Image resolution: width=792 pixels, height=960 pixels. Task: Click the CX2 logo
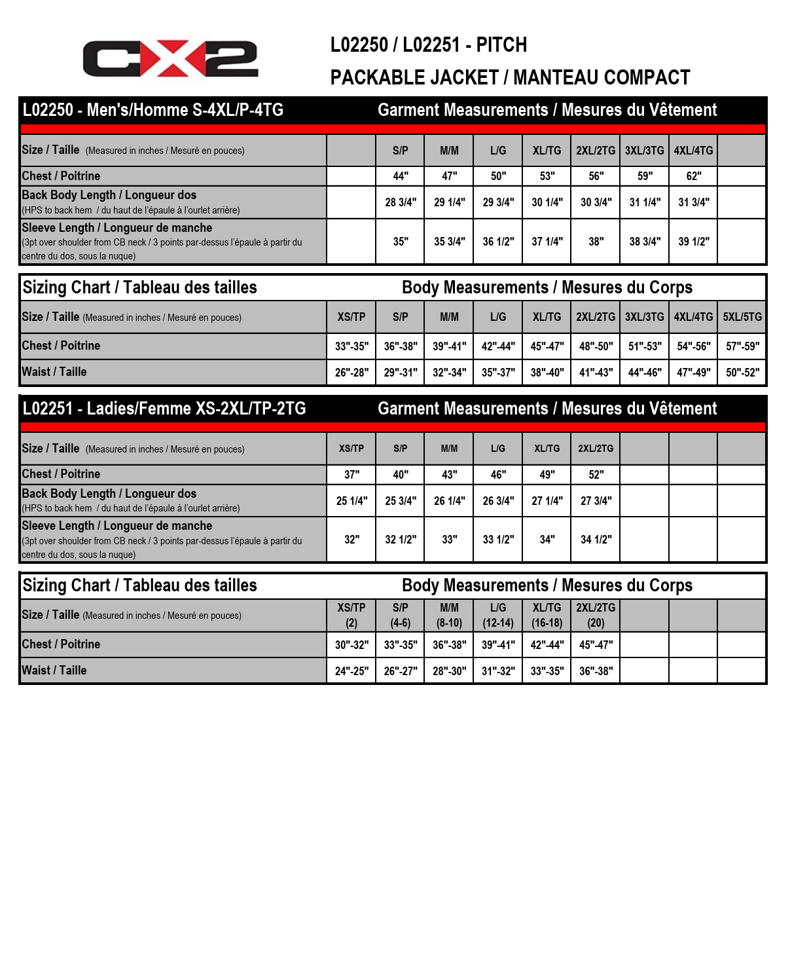point(170,59)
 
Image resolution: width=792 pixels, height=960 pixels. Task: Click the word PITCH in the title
point(501,45)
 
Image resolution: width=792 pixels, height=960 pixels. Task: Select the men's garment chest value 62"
point(693,176)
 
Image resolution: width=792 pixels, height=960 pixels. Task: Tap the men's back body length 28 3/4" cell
point(400,202)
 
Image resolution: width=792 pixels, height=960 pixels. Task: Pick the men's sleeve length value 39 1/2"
point(693,242)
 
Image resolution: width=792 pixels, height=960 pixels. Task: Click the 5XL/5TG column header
point(742,317)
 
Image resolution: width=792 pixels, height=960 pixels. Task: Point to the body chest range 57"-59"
point(742,346)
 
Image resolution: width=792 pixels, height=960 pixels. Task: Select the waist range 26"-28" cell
point(351,373)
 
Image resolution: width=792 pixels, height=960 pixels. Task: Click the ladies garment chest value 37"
point(351,475)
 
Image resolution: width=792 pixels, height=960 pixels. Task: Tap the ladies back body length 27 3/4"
point(596,501)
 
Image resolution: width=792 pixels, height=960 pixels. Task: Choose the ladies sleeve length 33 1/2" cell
point(498,540)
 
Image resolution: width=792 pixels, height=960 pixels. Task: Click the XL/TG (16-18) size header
point(547,616)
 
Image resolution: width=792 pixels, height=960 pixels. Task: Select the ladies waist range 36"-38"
point(596,671)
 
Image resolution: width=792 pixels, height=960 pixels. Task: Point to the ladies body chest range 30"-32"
point(351,645)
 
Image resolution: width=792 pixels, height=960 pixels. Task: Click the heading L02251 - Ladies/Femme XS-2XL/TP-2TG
point(164,409)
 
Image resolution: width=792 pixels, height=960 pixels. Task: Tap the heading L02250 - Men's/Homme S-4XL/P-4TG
point(153,110)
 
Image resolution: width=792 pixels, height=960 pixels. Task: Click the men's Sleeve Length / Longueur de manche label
point(117,228)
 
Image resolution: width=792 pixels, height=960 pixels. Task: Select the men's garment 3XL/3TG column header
point(644,151)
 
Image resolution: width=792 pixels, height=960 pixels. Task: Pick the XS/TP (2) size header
point(351,616)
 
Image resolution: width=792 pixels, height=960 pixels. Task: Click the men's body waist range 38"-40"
point(547,373)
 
